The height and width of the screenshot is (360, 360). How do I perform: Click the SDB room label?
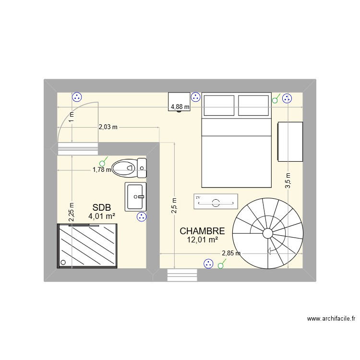102,207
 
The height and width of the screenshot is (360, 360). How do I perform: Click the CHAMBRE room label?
202,231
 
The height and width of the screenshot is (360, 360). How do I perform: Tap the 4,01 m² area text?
102,216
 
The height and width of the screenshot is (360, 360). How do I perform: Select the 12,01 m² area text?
202,240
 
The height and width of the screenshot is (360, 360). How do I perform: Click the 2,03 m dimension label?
108,127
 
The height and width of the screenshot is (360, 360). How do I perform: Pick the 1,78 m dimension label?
102,169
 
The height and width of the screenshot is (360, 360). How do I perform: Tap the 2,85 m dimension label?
231,253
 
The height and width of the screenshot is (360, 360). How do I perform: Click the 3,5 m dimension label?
288,181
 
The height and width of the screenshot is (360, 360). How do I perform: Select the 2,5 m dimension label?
174,205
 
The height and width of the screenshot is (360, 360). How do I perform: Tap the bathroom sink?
135,196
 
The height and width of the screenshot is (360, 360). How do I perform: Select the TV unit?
216,202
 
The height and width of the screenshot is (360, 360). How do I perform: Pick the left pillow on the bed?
220,105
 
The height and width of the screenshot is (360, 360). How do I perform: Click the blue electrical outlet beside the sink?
141,217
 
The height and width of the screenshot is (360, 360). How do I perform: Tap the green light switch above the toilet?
103,162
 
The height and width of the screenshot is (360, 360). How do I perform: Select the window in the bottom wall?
182,275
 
